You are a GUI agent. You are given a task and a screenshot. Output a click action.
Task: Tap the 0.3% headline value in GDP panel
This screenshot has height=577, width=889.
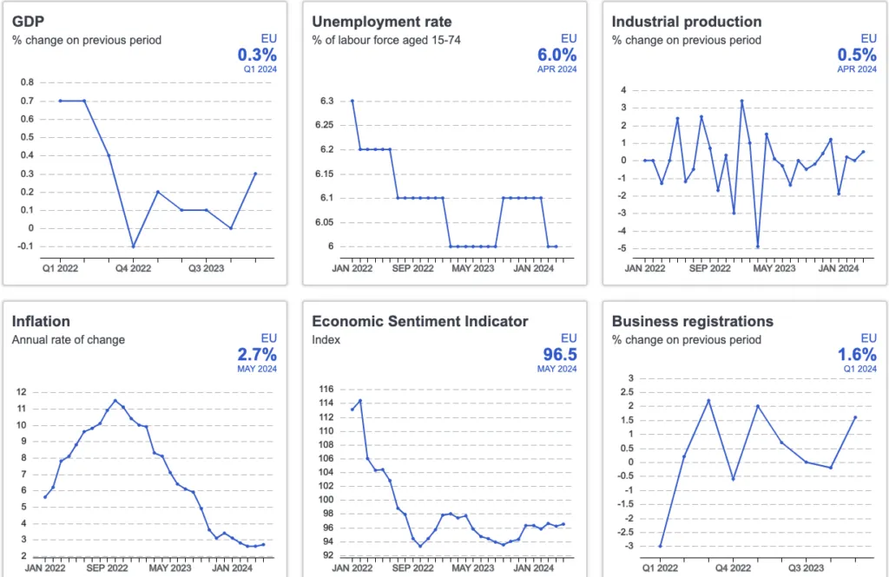[x=258, y=56]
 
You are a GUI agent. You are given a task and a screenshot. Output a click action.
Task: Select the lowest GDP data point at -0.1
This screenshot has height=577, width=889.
[x=133, y=246]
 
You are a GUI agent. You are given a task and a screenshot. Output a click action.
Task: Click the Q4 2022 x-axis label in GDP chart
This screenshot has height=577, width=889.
[x=133, y=268]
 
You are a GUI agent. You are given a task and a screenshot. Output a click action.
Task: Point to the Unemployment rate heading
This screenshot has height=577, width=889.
[x=382, y=22]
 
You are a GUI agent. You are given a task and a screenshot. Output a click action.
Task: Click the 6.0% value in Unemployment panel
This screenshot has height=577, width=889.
[x=557, y=56]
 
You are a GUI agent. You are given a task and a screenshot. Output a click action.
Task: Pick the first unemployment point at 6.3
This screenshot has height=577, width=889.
[x=352, y=101]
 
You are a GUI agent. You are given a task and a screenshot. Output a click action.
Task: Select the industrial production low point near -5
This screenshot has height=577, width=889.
[x=758, y=246]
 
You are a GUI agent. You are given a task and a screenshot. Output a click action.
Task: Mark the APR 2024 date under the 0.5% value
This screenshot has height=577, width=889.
[x=857, y=69]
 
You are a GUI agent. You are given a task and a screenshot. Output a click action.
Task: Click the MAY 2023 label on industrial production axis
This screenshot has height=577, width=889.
[x=773, y=268]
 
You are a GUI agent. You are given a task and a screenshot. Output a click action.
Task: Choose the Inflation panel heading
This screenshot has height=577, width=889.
[x=41, y=321]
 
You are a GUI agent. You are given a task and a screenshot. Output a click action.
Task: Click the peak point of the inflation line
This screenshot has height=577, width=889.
[x=115, y=400]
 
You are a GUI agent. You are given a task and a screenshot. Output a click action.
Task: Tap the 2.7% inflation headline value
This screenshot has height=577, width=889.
[x=257, y=354]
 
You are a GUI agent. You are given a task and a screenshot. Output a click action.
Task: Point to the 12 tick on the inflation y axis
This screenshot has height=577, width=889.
[x=23, y=392]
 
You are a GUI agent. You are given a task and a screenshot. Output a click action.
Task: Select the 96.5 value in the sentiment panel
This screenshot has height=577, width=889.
[x=557, y=354]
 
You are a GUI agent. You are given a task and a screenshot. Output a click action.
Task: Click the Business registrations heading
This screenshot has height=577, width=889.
[x=692, y=321]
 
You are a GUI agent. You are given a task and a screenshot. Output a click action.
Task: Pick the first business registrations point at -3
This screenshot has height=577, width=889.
[x=660, y=546]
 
